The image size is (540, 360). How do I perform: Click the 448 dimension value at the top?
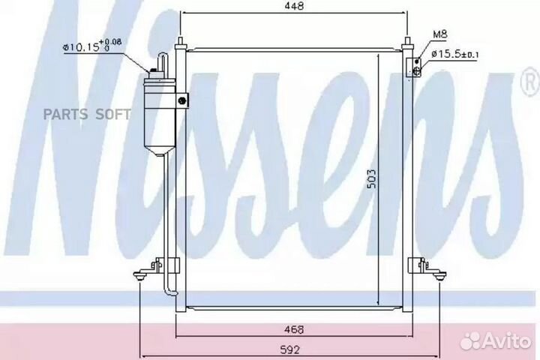[295, 6]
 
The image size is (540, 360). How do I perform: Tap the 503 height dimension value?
[371, 179]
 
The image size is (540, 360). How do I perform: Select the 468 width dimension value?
[295, 330]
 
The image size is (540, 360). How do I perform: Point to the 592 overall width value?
[290, 350]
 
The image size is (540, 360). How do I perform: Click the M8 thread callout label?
[439, 34]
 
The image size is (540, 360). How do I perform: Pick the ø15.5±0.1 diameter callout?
[454, 54]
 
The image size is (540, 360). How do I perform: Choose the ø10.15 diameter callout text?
[92, 46]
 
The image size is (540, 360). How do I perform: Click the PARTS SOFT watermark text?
[87, 114]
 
